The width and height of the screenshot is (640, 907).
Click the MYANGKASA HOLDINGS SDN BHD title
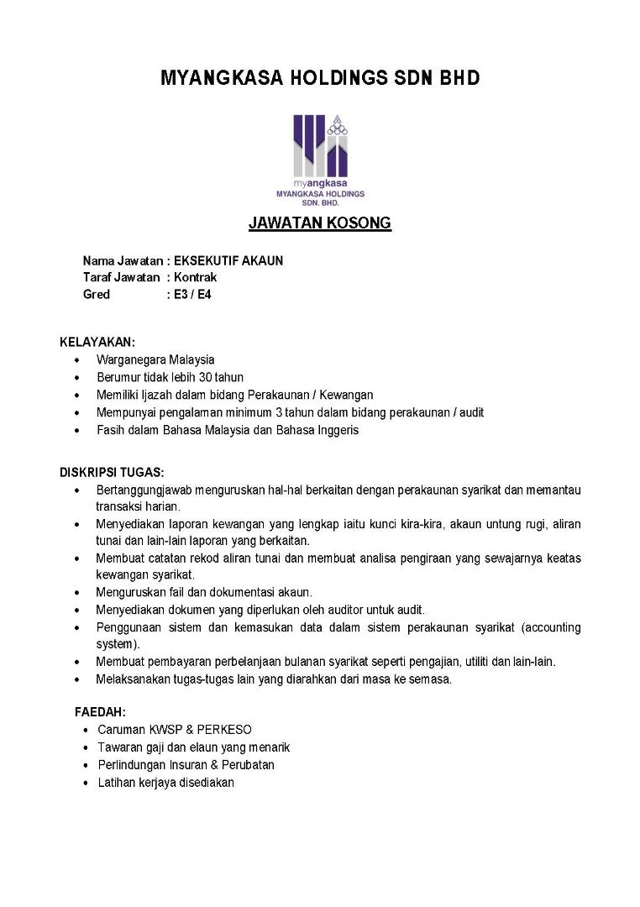tap(320, 79)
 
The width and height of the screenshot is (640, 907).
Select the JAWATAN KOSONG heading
tap(320, 223)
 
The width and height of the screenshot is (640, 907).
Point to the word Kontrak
tap(195, 277)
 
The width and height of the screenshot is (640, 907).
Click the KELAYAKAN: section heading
tap(97, 342)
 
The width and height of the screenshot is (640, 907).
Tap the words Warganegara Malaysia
tap(155, 359)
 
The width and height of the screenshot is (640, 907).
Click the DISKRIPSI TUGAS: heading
tap(112, 472)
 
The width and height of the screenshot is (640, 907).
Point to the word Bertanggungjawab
tap(143, 490)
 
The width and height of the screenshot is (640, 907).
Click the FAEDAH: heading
tap(100, 711)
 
